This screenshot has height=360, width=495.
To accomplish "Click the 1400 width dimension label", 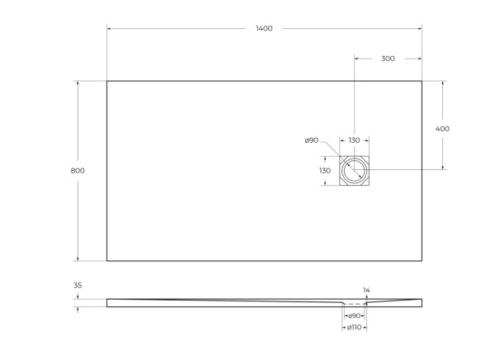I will [x=264, y=29].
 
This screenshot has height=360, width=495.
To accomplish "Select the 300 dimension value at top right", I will [x=388, y=59].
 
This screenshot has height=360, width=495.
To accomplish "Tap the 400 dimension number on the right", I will [x=442, y=129].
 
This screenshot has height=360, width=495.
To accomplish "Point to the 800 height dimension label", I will [x=78, y=171].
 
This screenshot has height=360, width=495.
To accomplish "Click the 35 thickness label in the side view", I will [x=78, y=286].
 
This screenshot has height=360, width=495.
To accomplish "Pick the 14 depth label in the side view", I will [x=367, y=290].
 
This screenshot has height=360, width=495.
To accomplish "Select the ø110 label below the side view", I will [x=354, y=328].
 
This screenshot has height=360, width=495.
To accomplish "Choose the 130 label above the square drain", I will [x=354, y=140].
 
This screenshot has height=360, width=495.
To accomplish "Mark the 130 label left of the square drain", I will [x=325, y=171].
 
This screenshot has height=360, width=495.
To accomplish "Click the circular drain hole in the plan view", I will [x=356, y=170].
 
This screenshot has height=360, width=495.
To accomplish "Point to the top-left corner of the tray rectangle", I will [x=106, y=81].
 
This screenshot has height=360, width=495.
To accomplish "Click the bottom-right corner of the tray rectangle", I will [x=422, y=261].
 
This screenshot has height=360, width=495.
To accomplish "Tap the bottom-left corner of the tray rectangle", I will [x=106, y=261].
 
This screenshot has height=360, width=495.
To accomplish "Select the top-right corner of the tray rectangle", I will [x=422, y=81].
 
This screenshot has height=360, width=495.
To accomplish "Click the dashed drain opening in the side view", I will [x=355, y=305].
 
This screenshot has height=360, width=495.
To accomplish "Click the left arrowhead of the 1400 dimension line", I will [x=109, y=29].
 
